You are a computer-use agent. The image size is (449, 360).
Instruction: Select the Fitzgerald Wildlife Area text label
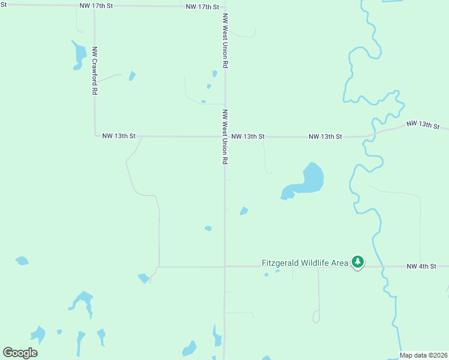pyautogui.click(x=305, y=263)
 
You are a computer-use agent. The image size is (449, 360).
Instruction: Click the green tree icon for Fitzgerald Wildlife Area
pyautogui.click(x=358, y=262)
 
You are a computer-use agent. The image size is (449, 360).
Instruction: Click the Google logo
pyautogui.click(x=20, y=353)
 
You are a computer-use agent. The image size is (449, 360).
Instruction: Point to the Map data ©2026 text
pyautogui.click(x=424, y=355)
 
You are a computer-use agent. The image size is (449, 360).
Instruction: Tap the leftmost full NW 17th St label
pyautogui.click(x=96, y=5)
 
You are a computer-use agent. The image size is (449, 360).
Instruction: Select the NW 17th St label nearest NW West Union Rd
pyautogui.click(x=203, y=7)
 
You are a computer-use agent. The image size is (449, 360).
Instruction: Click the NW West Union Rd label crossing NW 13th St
pyautogui.click(x=225, y=137)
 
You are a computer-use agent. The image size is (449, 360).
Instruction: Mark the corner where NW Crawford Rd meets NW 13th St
pyautogui.click(x=95, y=136)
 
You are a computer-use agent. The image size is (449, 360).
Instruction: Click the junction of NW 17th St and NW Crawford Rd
pyautogui.click(x=94, y=6)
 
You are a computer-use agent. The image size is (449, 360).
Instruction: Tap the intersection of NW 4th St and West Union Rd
pyautogui.click(x=224, y=266)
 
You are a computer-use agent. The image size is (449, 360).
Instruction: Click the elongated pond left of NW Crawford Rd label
pyautogui.click(x=79, y=55)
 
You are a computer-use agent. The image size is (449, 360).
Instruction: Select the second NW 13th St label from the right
pyautogui.click(x=325, y=137)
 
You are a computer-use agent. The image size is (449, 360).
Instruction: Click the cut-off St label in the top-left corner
pyautogui.click(x=3, y=5)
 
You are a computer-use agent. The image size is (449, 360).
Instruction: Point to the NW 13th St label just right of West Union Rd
pyautogui.click(x=248, y=137)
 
